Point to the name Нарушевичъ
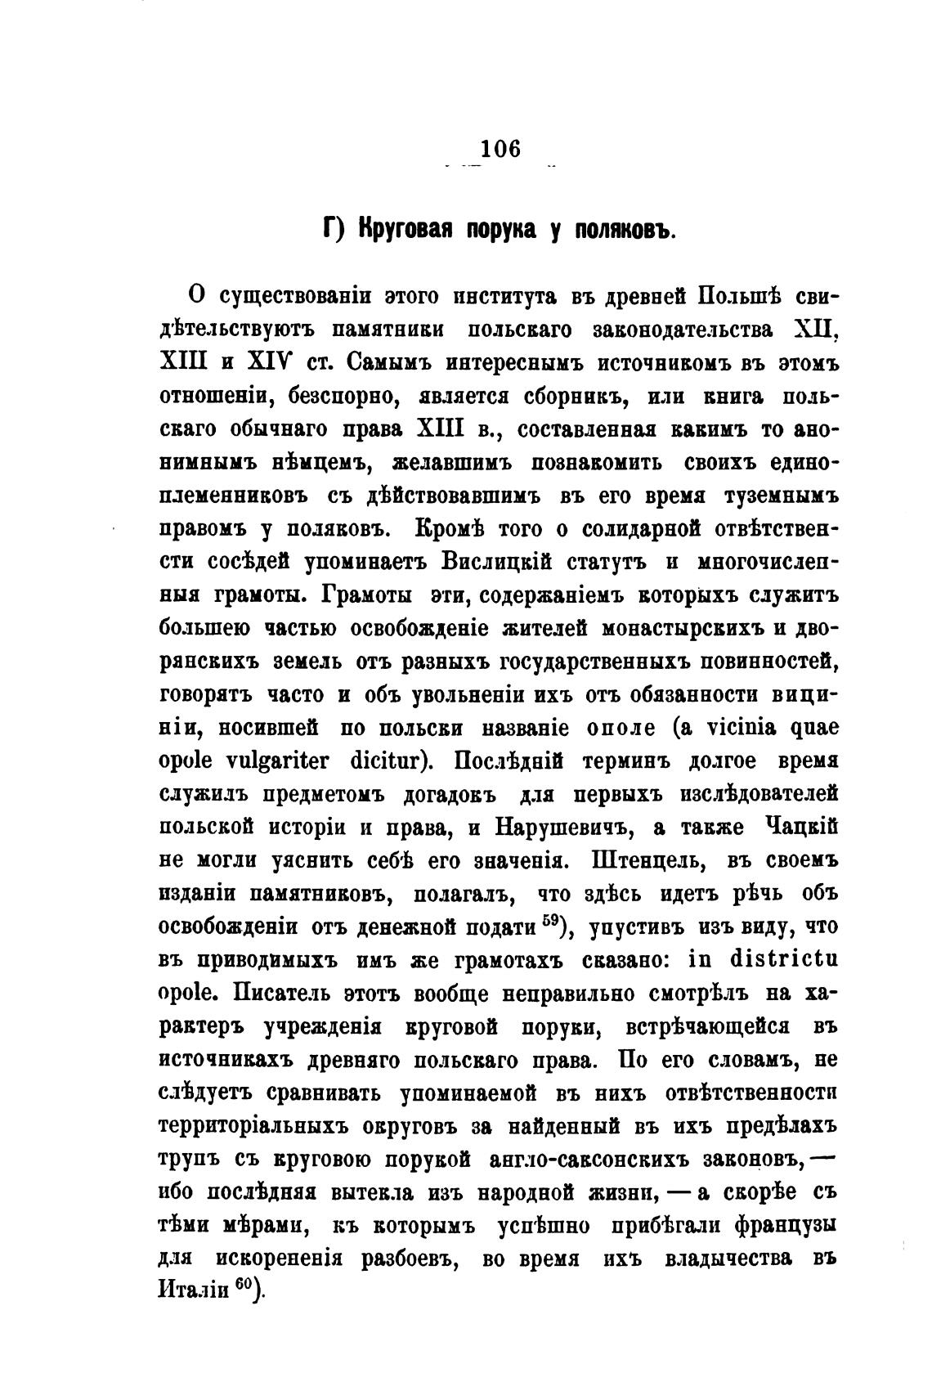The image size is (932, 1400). point(565,827)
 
